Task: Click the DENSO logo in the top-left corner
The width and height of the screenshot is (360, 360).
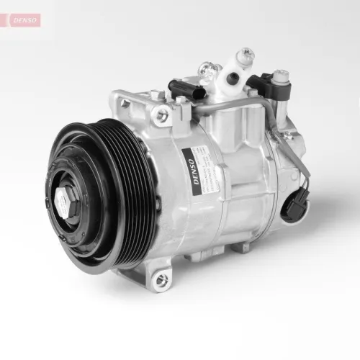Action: (24, 21)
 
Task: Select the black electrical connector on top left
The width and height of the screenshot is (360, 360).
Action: (180, 90)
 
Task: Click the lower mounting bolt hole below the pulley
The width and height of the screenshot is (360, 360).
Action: (161, 276)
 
